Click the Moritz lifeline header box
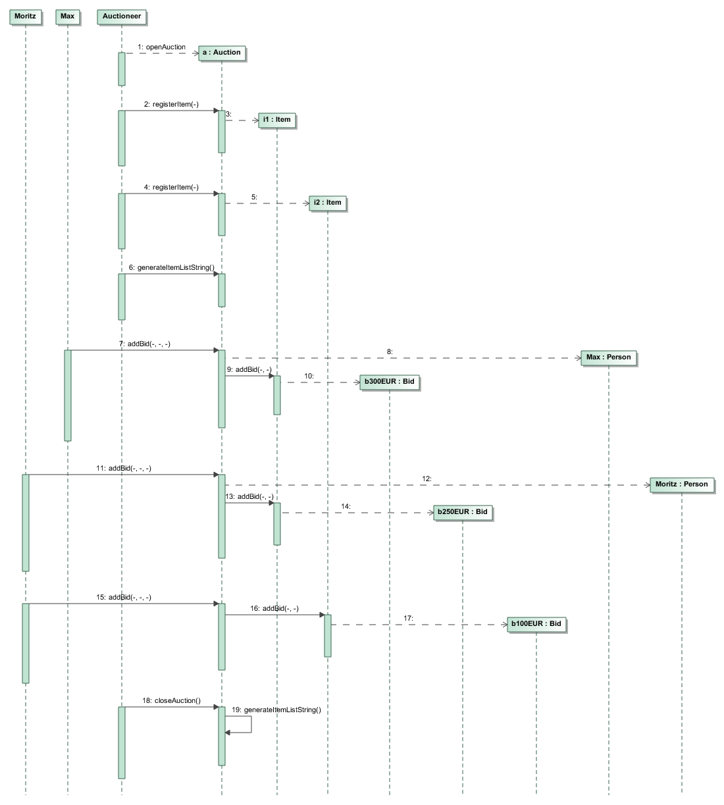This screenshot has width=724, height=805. click(x=25, y=16)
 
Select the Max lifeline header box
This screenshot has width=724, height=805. click(x=67, y=16)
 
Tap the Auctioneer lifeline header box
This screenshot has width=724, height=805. click(x=122, y=16)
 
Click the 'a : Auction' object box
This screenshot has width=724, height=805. click(x=222, y=53)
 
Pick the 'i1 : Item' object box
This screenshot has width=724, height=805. click(x=276, y=120)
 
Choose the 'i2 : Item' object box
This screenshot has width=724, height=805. click(x=328, y=203)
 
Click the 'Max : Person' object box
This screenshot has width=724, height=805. click(x=608, y=357)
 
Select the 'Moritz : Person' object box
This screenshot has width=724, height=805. click(x=681, y=484)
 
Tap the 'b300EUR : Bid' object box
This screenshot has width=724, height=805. click(x=389, y=382)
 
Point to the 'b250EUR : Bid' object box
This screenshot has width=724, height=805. click(x=462, y=512)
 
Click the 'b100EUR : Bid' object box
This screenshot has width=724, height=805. click(x=536, y=624)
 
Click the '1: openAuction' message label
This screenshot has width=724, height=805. click(x=162, y=47)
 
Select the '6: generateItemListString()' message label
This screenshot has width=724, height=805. click(x=171, y=268)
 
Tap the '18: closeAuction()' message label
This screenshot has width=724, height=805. click(x=171, y=701)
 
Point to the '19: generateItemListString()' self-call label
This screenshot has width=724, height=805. click(x=276, y=710)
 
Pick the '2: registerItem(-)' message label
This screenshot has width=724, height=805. click(x=171, y=105)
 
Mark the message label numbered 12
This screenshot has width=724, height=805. click(x=427, y=479)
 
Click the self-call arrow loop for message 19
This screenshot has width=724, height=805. click(x=250, y=724)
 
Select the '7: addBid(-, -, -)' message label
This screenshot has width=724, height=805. click(x=145, y=344)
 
